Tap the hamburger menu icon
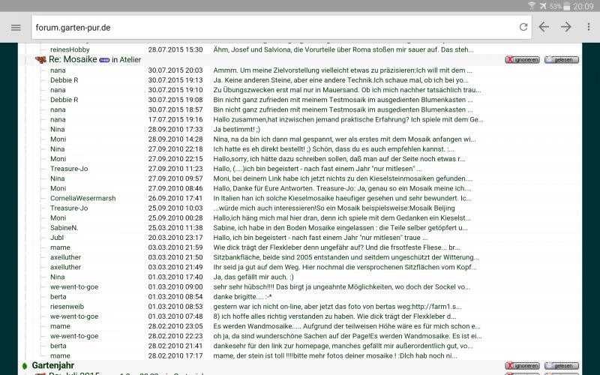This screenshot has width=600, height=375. (16, 27)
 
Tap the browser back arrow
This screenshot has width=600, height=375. (544, 27)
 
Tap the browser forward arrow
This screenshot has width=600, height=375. (566, 27)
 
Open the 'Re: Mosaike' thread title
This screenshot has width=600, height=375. (73, 59)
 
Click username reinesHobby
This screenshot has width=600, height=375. (70, 49)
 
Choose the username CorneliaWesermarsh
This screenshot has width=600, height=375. (82, 198)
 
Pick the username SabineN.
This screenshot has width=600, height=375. (64, 227)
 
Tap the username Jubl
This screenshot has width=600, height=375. (57, 237)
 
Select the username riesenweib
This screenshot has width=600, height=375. (67, 306)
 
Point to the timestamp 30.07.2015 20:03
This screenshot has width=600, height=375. (175, 70)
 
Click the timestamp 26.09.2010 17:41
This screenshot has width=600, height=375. (175, 198)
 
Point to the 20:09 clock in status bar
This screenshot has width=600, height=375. (583, 6)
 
